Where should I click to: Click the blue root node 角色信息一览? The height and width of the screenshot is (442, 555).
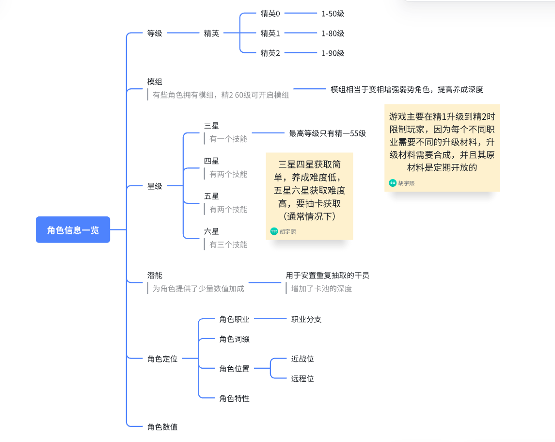(73, 229)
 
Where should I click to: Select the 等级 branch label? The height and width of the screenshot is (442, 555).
(155, 33)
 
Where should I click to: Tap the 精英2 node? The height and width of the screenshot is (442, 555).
(270, 53)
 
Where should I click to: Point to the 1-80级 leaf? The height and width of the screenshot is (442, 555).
(333, 33)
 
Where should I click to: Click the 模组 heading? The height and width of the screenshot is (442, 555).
(155, 82)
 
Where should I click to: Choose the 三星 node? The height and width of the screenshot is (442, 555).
(211, 126)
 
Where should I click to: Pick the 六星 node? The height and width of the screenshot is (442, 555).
(211, 231)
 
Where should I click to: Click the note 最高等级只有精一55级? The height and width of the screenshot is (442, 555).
(327, 133)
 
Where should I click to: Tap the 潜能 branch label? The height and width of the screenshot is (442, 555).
(155, 275)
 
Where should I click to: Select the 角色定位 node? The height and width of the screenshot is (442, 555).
(162, 359)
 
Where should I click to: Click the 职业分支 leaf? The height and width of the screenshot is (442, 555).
(306, 319)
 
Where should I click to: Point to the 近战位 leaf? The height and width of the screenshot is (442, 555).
(302, 359)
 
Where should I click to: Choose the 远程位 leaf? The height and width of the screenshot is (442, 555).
(302, 378)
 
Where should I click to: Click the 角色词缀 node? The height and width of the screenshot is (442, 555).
(234, 339)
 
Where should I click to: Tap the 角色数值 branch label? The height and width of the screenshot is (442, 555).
(162, 427)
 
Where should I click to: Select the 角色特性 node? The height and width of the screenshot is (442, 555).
(234, 398)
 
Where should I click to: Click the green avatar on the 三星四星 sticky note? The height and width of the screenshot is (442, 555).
(274, 231)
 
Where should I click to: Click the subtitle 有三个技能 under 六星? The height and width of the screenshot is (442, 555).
(228, 245)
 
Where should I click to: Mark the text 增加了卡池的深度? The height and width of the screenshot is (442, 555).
(321, 289)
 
